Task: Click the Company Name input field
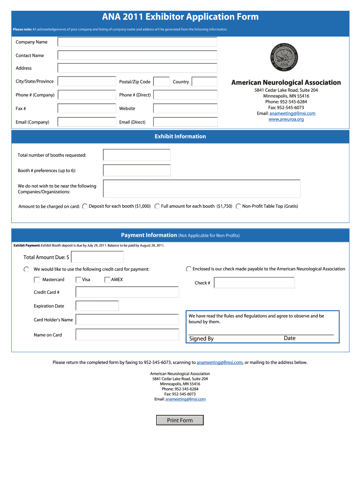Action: [x=137, y=42]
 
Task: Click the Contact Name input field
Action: [x=137, y=55]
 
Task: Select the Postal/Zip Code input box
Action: [x=161, y=82]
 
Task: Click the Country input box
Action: [x=204, y=82]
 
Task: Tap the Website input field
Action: [x=185, y=109]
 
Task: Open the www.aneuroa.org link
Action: [x=286, y=119]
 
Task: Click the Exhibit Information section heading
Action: [x=180, y=137]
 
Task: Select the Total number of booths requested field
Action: [x=137, y=155]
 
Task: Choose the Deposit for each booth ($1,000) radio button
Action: [x=85, y=206]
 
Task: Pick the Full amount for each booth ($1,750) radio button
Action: [x=158, y=206]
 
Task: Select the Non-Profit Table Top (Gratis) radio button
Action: [x=238, y=206]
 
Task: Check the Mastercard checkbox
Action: [x=37, y=280]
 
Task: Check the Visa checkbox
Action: [x=79, y=280]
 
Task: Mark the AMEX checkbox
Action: [x=108, y=280]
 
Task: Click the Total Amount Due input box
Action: [x=97, y=257]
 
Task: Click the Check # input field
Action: [x=254, y=283]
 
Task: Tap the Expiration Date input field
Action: [x=97, y=306]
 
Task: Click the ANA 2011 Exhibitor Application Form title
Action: [x=180, y=17]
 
